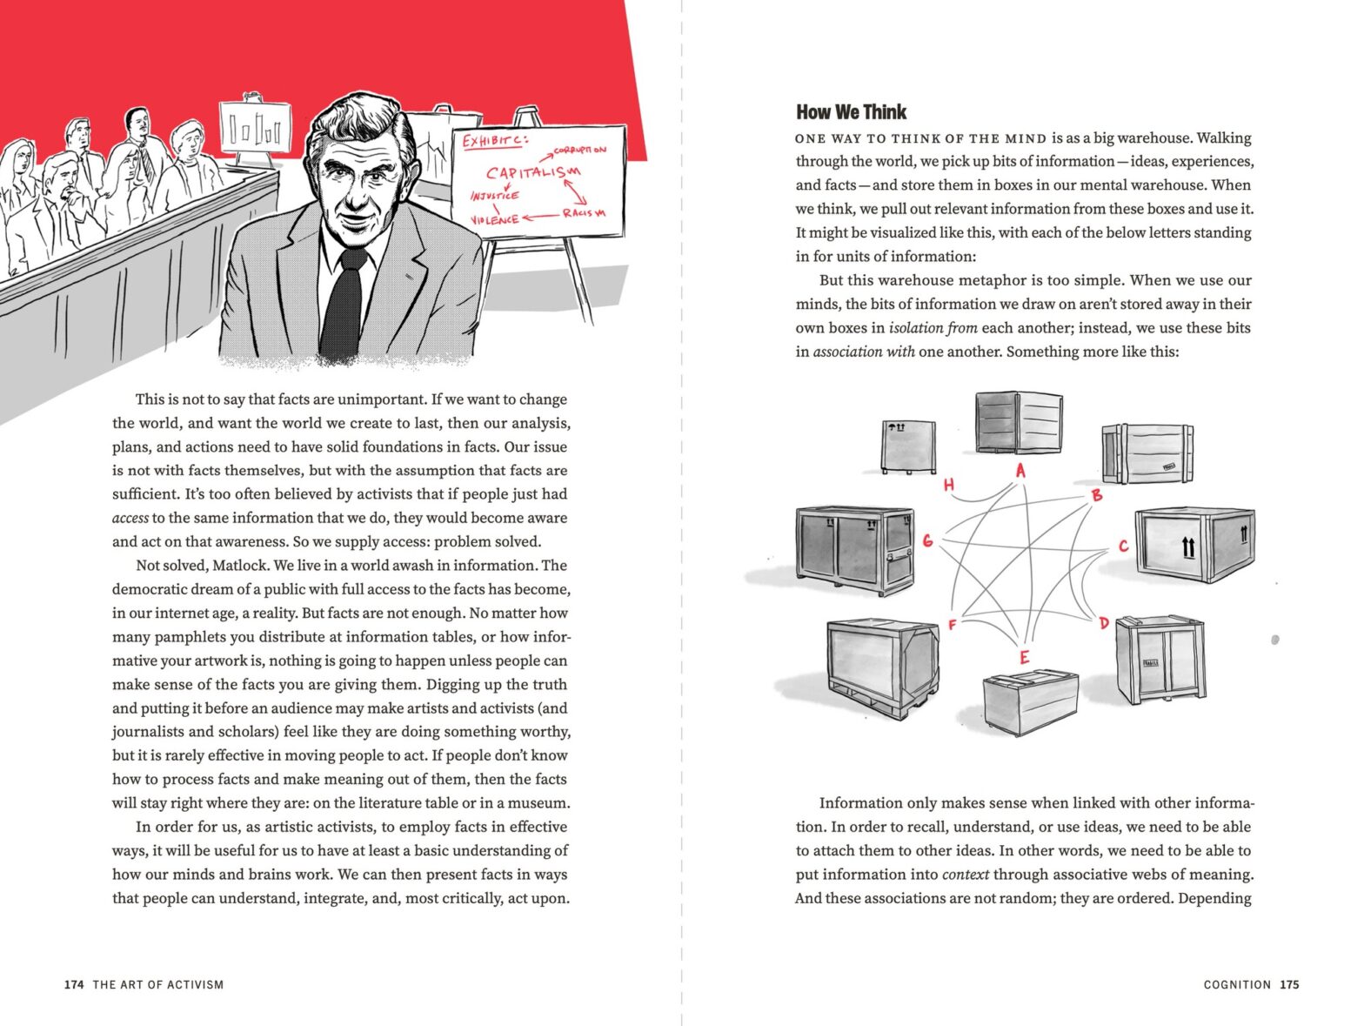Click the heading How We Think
pos(851,112)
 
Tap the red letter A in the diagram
pos(1020,471)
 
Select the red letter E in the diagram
pos(1024,657)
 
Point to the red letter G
pos(927,540)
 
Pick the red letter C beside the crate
pos(1123,546)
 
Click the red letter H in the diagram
pos(948,485)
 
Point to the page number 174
pos(74,985)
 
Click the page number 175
pos(1289,985)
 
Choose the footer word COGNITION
pos(1237,985)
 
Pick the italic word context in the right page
pos(965,875)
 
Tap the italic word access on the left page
pos(130,519)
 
